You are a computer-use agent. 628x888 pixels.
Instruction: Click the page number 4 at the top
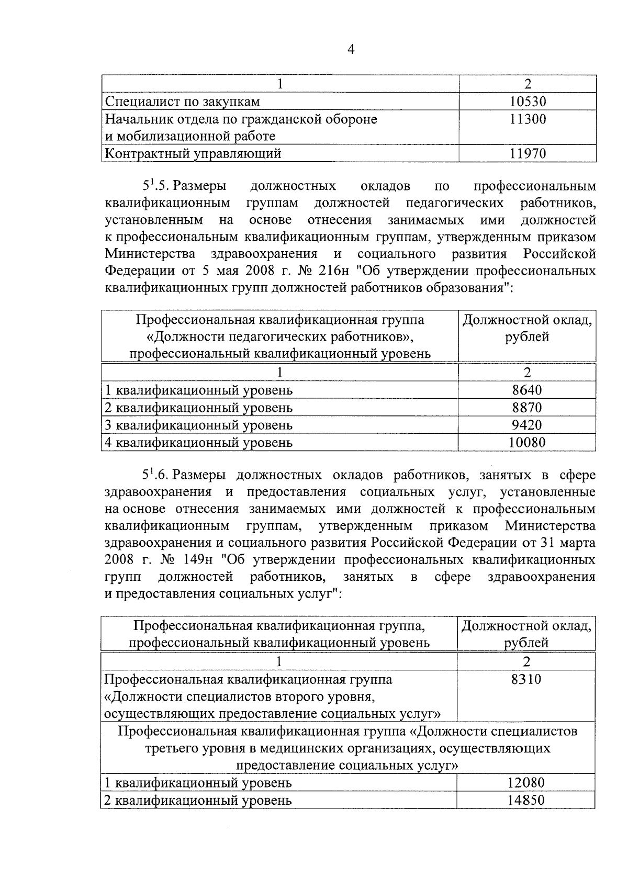(x=351, y=50)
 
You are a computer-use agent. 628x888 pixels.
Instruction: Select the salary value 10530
(x=528, y=102)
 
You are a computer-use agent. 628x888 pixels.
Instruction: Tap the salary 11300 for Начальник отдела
(x=528, y=119)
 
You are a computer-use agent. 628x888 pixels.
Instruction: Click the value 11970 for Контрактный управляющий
(x=528, y=154)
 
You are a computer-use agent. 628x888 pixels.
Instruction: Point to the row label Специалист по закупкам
(x=183, y=102)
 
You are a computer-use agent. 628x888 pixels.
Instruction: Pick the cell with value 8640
(x=527, y=390)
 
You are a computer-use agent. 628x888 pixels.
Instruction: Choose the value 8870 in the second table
(x=527, y=408)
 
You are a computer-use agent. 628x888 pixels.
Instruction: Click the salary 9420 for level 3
(x=527, y=425)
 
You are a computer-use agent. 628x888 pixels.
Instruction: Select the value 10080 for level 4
(x=527, y=443)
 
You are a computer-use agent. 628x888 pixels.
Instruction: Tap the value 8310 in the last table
(x=526, y=680)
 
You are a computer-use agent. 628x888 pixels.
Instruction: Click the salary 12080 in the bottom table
(x=526, y=783)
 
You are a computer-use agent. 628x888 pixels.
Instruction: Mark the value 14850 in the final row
(x=526, y=800)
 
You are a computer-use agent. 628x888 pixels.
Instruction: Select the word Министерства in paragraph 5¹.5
(x=150, y=254)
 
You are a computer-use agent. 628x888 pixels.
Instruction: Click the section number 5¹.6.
(x=155, y=475)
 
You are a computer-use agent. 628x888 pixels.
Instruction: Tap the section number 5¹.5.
(x=155, y=186)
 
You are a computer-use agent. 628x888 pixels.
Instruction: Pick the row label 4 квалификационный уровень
(x=199, y=443)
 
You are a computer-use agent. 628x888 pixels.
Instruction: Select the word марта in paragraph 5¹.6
(x=577, y=543)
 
